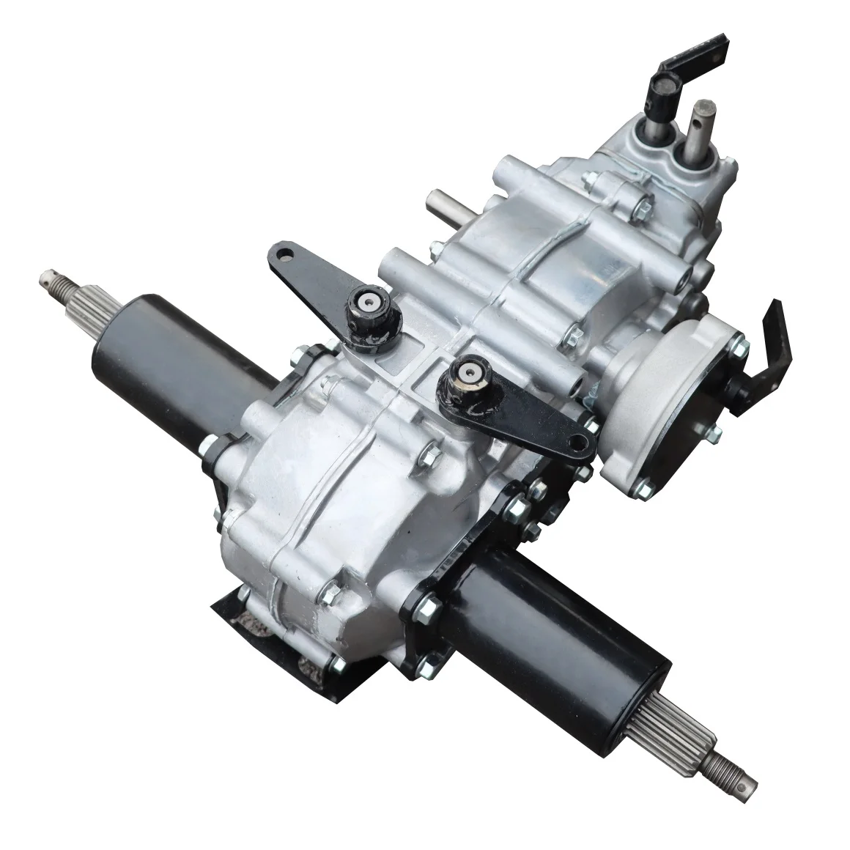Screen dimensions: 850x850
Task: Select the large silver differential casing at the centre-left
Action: click(x=322, y=498)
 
